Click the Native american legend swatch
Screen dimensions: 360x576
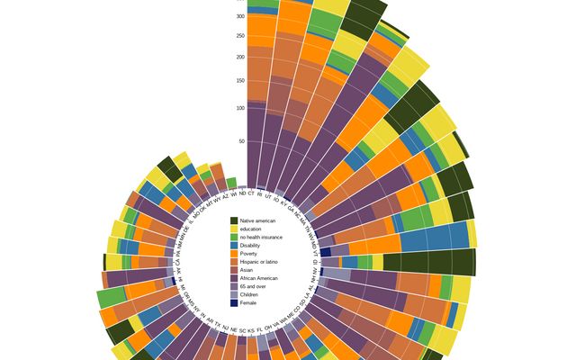click(234, 220)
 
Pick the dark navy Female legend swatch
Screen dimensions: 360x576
click(234, 302)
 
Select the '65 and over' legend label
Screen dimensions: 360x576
click(250, 286)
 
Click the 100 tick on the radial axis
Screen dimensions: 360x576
click(239, 108)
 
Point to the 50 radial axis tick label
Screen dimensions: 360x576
click(241, 141)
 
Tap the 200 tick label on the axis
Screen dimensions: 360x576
click(239, 57)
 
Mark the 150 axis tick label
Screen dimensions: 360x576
click(239, 80)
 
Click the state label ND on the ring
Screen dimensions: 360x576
click(242, 193)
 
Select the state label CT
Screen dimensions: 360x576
click(251, 193)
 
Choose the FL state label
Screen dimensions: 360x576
click(259, 329)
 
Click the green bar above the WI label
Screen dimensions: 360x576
click(231, 183)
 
